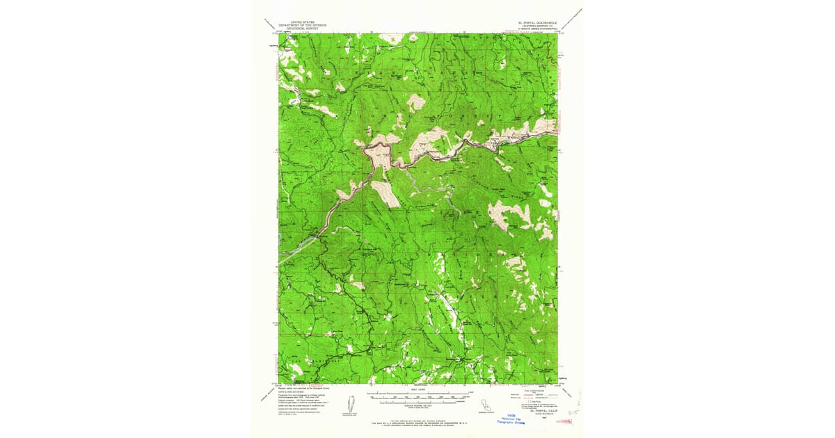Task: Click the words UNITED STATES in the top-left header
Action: (x=303, y=22)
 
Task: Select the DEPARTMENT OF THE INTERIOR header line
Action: (x=303, y=26)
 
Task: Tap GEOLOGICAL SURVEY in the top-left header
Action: (x=303, y=29)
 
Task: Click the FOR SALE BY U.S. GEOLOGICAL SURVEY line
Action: (x=418, y=423)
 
